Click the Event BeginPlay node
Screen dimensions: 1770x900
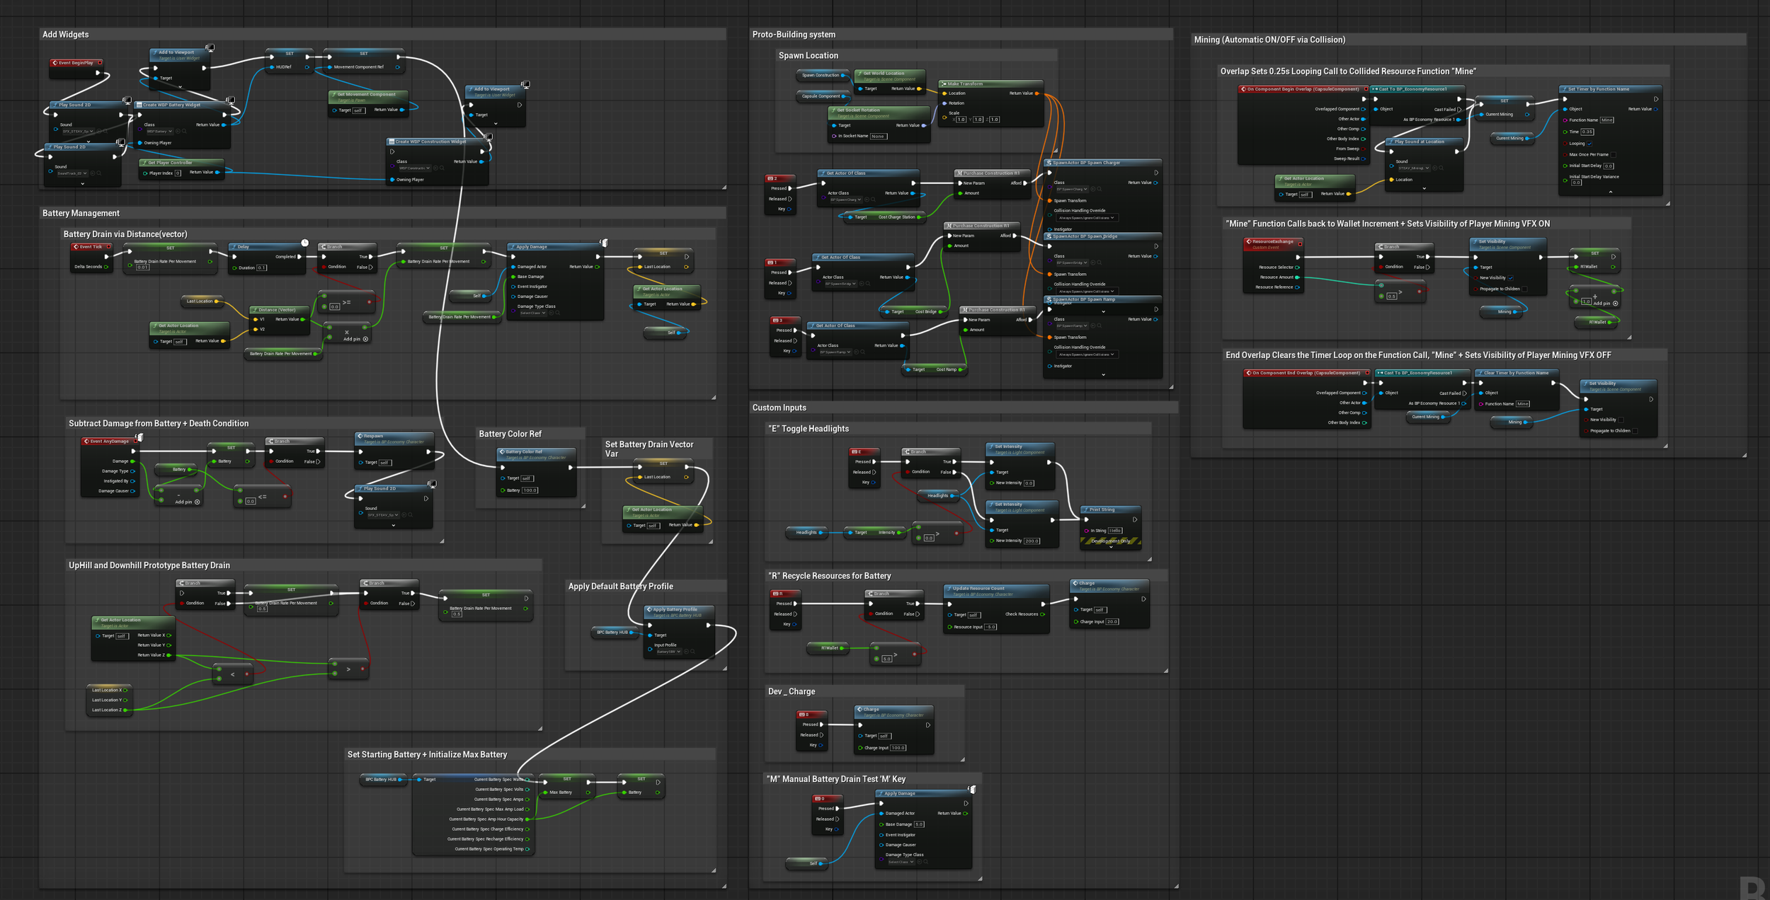coord(76,63)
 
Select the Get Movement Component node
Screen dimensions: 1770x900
coord(367,94)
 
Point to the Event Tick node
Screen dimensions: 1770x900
coord(91,247)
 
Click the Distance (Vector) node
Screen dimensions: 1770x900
coord(277,310)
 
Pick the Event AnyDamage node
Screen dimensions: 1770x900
coord(109,442)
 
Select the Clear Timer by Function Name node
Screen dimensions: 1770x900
coord(1516,373)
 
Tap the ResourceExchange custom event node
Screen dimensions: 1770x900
coord(1273,242)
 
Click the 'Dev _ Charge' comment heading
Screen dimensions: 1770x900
coord(791,691)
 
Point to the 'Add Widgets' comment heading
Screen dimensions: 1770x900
coord(66,35)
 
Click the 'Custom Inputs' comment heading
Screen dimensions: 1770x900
coord(779,408)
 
